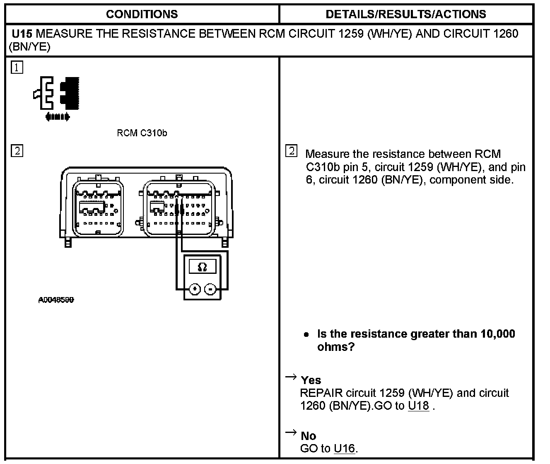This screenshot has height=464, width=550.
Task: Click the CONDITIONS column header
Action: tap(142, 14)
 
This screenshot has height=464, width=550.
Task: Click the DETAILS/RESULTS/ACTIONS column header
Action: tap(406, 14)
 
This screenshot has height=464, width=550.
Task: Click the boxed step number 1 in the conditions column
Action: tap(17, 68)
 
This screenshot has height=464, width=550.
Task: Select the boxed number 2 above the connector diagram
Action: tap(17, 150)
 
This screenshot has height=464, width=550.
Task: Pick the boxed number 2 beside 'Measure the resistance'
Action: tap(292, 151)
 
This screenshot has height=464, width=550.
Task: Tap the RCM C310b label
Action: tap(142, 133)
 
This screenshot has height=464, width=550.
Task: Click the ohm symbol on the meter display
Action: tap(202, 267)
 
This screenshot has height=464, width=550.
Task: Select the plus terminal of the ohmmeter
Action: tap(195, 289)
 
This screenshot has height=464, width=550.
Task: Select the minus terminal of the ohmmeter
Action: tap(211, 289)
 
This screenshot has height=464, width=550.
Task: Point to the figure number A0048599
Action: tap(56, 300)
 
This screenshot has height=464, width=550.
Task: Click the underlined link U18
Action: tap(418, 406)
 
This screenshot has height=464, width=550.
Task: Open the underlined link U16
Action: tap(344, 448)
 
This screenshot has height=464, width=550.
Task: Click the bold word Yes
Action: tap(311, 380)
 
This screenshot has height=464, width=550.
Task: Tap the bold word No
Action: tap(308, 436)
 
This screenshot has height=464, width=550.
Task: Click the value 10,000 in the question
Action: tap(498, 334)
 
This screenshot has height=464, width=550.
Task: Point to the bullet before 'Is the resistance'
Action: tap(306, 334)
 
